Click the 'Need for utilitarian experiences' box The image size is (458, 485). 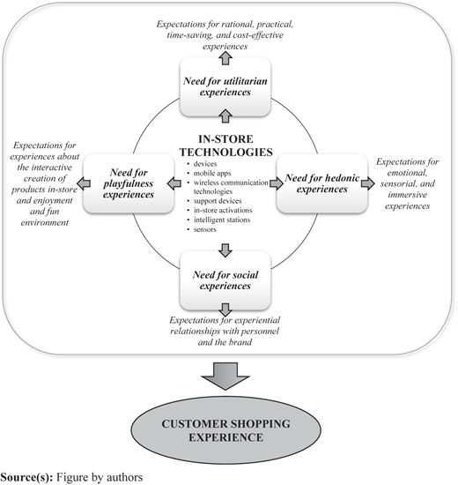(225, 86)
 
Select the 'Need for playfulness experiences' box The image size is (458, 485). (129, 183)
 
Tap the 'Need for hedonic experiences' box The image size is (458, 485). (322, 183)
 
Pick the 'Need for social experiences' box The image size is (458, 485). (225, 280)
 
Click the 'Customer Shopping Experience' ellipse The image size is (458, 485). (225, 430)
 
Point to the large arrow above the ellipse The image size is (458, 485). (225, 377)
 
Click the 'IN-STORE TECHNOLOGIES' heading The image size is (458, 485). (225, 145)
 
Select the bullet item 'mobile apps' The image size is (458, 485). (212, 173)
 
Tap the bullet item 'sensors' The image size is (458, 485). (205, 229)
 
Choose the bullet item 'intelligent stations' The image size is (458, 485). (222, 220)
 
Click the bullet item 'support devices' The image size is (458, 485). (218, 201)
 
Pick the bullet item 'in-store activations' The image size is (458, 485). (223, 211)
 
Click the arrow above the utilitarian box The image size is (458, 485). (225, 58)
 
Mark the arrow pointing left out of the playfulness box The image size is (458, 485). (84, 183)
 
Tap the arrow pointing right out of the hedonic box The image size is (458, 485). (368, 183)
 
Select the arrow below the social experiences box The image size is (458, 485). (225, 310)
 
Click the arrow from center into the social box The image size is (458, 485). (225, 250)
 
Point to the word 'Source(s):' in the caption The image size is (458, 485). (27, 477)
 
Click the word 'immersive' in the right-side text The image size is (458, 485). (408, 195)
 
